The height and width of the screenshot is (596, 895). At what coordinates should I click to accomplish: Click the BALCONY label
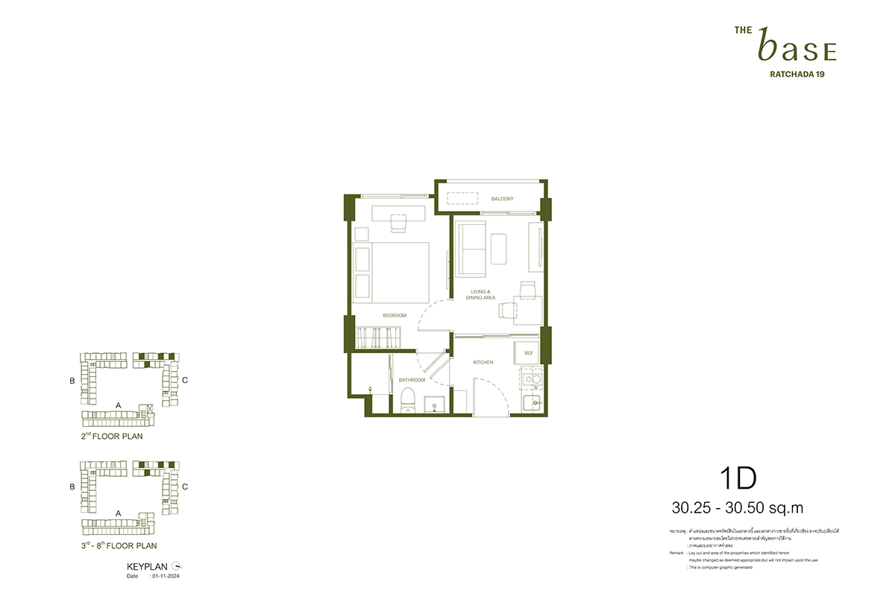click(x=502, y=199)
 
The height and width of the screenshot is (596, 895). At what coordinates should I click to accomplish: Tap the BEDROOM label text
click(x=394, y=316)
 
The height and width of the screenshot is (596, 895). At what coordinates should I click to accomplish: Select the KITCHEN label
click(x=483, y=362)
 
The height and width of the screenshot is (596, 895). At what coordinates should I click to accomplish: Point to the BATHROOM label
click(x=411, y=380)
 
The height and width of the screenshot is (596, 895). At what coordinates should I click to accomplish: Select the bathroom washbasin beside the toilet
click(x=433, y=405)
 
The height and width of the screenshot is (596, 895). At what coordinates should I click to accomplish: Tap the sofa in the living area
click(x=471, y=249)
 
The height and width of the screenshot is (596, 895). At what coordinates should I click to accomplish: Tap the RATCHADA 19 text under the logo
click(x=796, y=74)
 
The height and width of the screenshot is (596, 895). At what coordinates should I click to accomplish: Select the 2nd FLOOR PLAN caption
click(x=112, y=437)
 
